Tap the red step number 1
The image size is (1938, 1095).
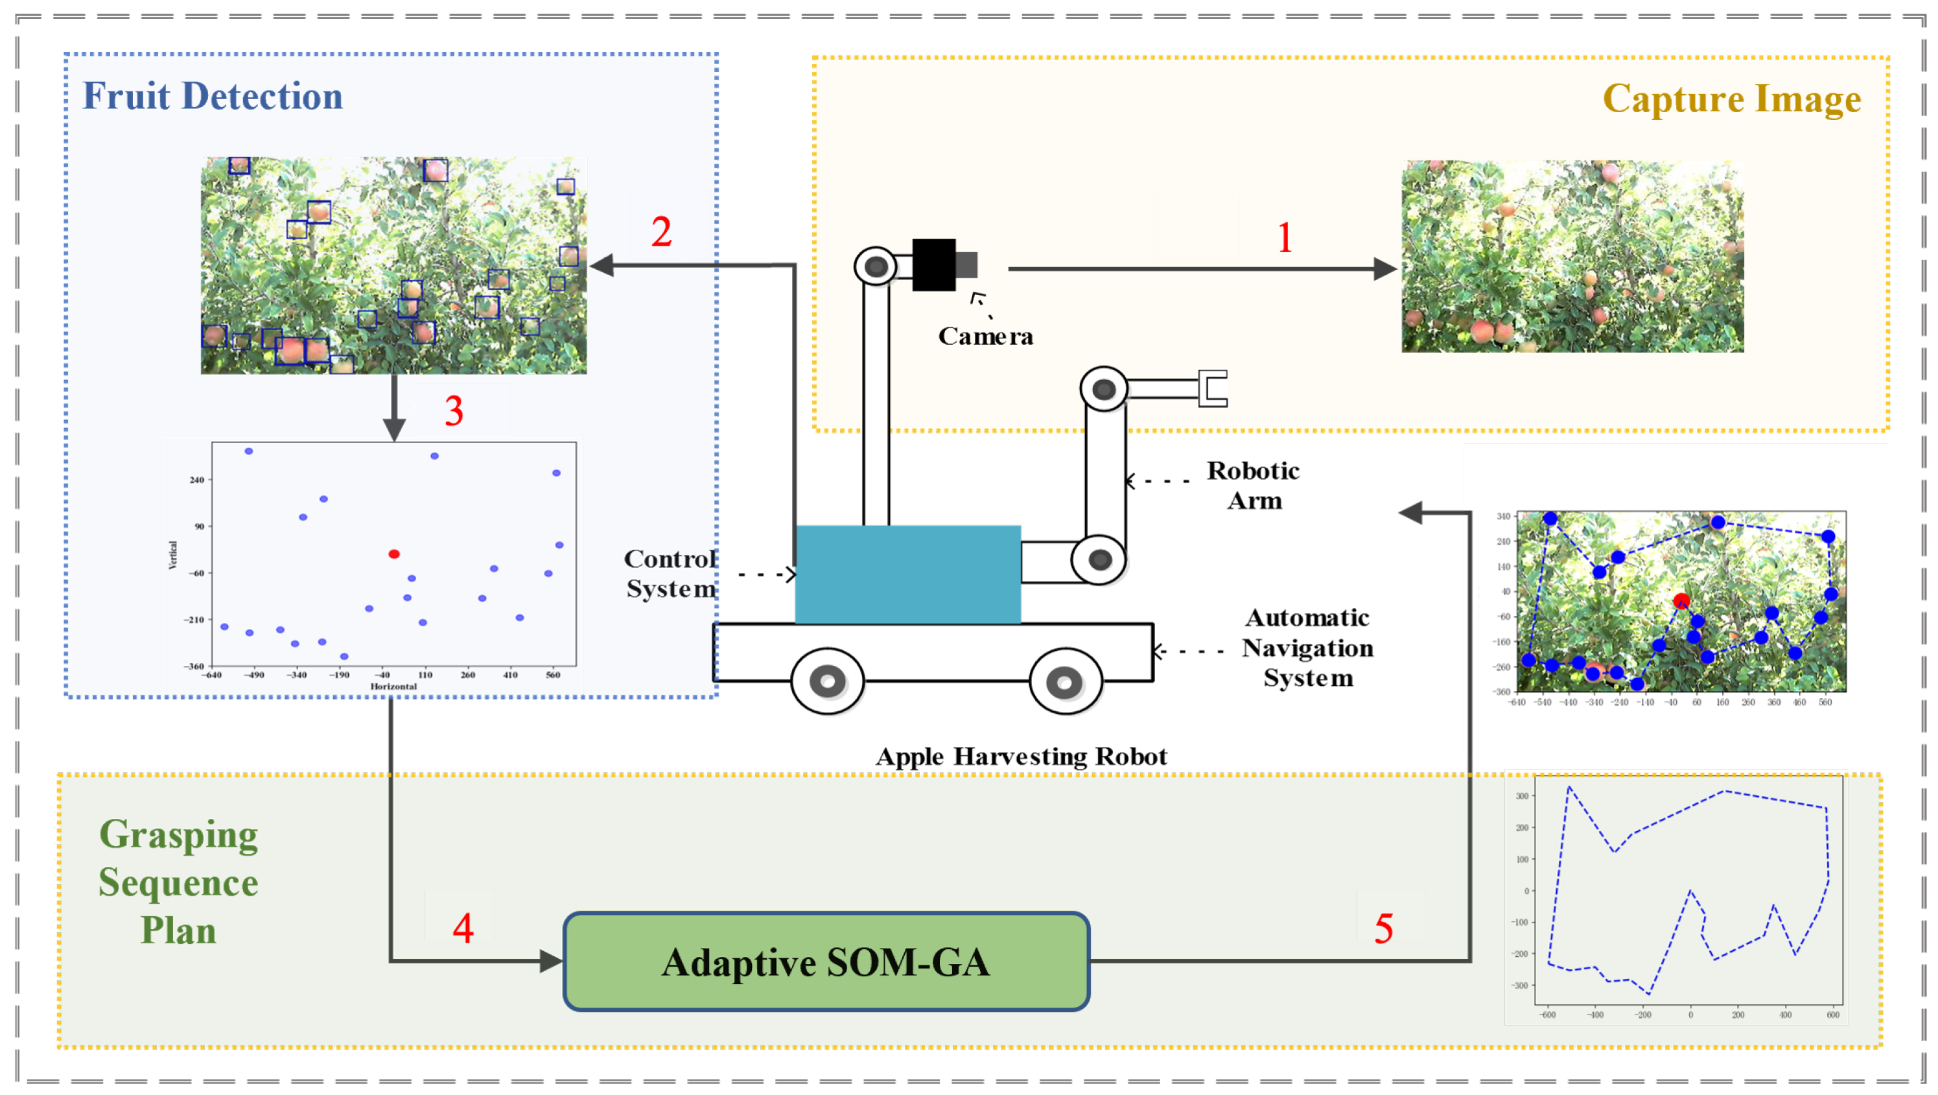(1285, 238)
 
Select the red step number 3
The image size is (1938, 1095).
(454, 411)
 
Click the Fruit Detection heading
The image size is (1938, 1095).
(212, 97)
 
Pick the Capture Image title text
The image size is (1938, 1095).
(1731, 99)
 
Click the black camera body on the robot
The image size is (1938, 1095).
(933, 265)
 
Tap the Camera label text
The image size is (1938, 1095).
(985, 336)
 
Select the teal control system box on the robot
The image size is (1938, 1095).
(907, 574)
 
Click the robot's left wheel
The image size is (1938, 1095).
(827, 681)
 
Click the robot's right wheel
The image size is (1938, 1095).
(1064, 682)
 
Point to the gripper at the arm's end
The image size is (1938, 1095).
(1212, 388)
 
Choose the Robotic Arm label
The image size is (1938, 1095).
(1254, 486)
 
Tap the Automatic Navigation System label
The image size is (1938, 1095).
(1307, 647)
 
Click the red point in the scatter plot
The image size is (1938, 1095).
(393, 554)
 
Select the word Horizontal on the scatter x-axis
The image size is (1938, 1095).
(393, 687)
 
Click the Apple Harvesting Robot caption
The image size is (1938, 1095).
(1021, 757)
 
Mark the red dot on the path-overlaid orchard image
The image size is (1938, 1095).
(1681, 600)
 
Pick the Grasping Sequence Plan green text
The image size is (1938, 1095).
(178, 882)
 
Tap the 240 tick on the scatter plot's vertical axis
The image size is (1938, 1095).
(196, 479)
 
